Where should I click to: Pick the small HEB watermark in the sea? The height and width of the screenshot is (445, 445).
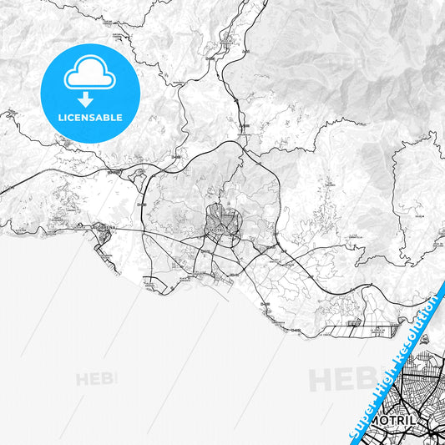97,378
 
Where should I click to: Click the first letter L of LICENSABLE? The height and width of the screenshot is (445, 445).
60,118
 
